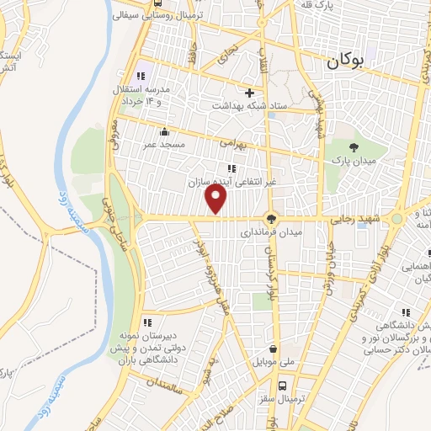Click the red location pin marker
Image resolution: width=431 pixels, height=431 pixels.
pyautogui.click(x=217, y=200)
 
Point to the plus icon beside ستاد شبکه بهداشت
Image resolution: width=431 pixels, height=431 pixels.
pyautogui.click(x=249, y=93)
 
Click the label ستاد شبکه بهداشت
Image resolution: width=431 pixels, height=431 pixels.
pyautogui.click(x=250, y=105)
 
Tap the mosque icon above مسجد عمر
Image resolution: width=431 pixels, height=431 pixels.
pyautogui.click(x=163, y=132)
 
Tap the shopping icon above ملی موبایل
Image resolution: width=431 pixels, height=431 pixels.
pyautogui.click(x=273, y=349)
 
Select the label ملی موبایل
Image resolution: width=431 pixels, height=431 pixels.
pyautogui.click(x=274, y=362)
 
